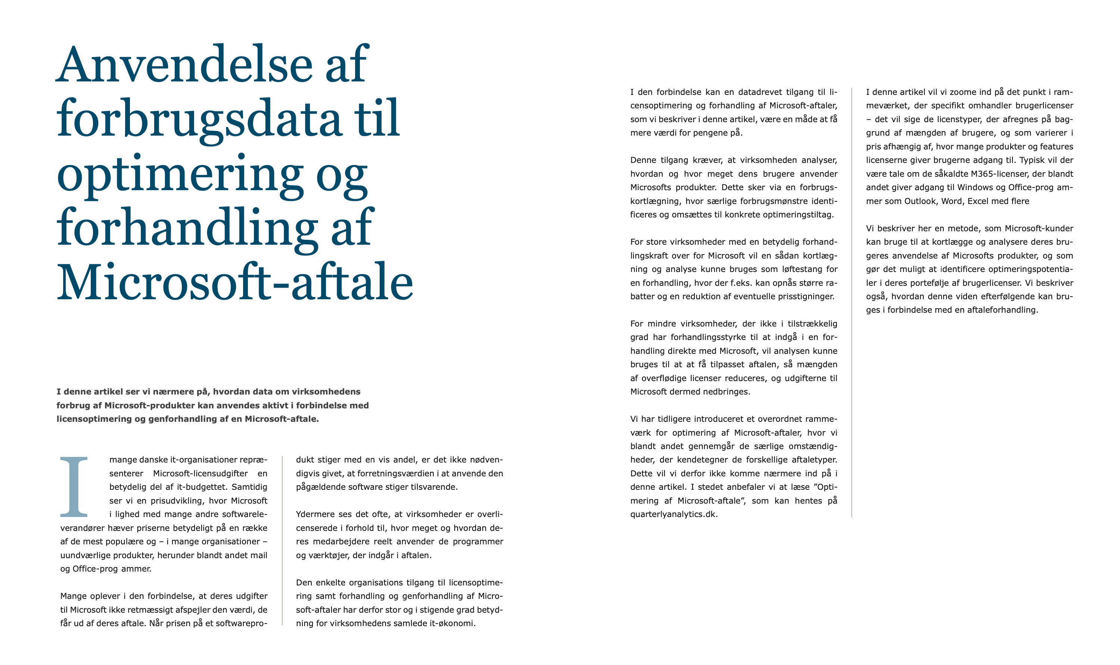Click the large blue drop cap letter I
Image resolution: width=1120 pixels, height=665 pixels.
point(74,487)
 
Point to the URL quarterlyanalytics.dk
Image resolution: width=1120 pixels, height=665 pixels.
point(673,514)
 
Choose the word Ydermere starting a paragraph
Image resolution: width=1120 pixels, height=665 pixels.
point(315,514)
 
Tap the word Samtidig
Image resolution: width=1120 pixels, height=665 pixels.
point(249,487)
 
